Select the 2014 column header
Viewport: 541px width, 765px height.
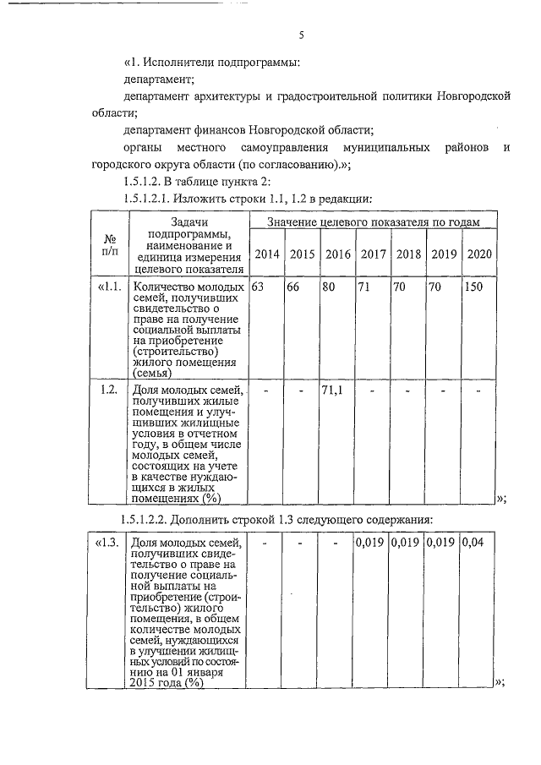267,254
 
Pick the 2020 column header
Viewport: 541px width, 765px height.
479,254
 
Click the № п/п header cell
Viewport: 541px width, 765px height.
109,245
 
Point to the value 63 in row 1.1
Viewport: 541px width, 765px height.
258,287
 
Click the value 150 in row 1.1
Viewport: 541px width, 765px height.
474,287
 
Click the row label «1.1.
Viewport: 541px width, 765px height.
110,287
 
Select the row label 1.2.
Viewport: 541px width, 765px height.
108,390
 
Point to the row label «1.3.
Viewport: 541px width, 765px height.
109,542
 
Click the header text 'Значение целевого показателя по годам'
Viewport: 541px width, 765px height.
373,221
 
